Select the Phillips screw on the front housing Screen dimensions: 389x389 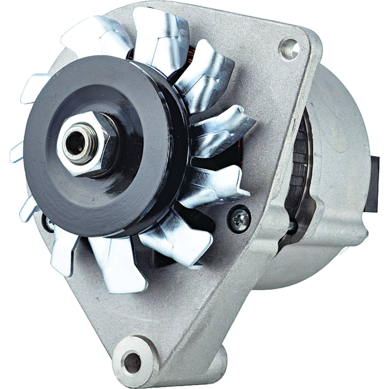click(x=239, y=215)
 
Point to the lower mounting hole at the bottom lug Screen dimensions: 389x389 click(x=133, y=362)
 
